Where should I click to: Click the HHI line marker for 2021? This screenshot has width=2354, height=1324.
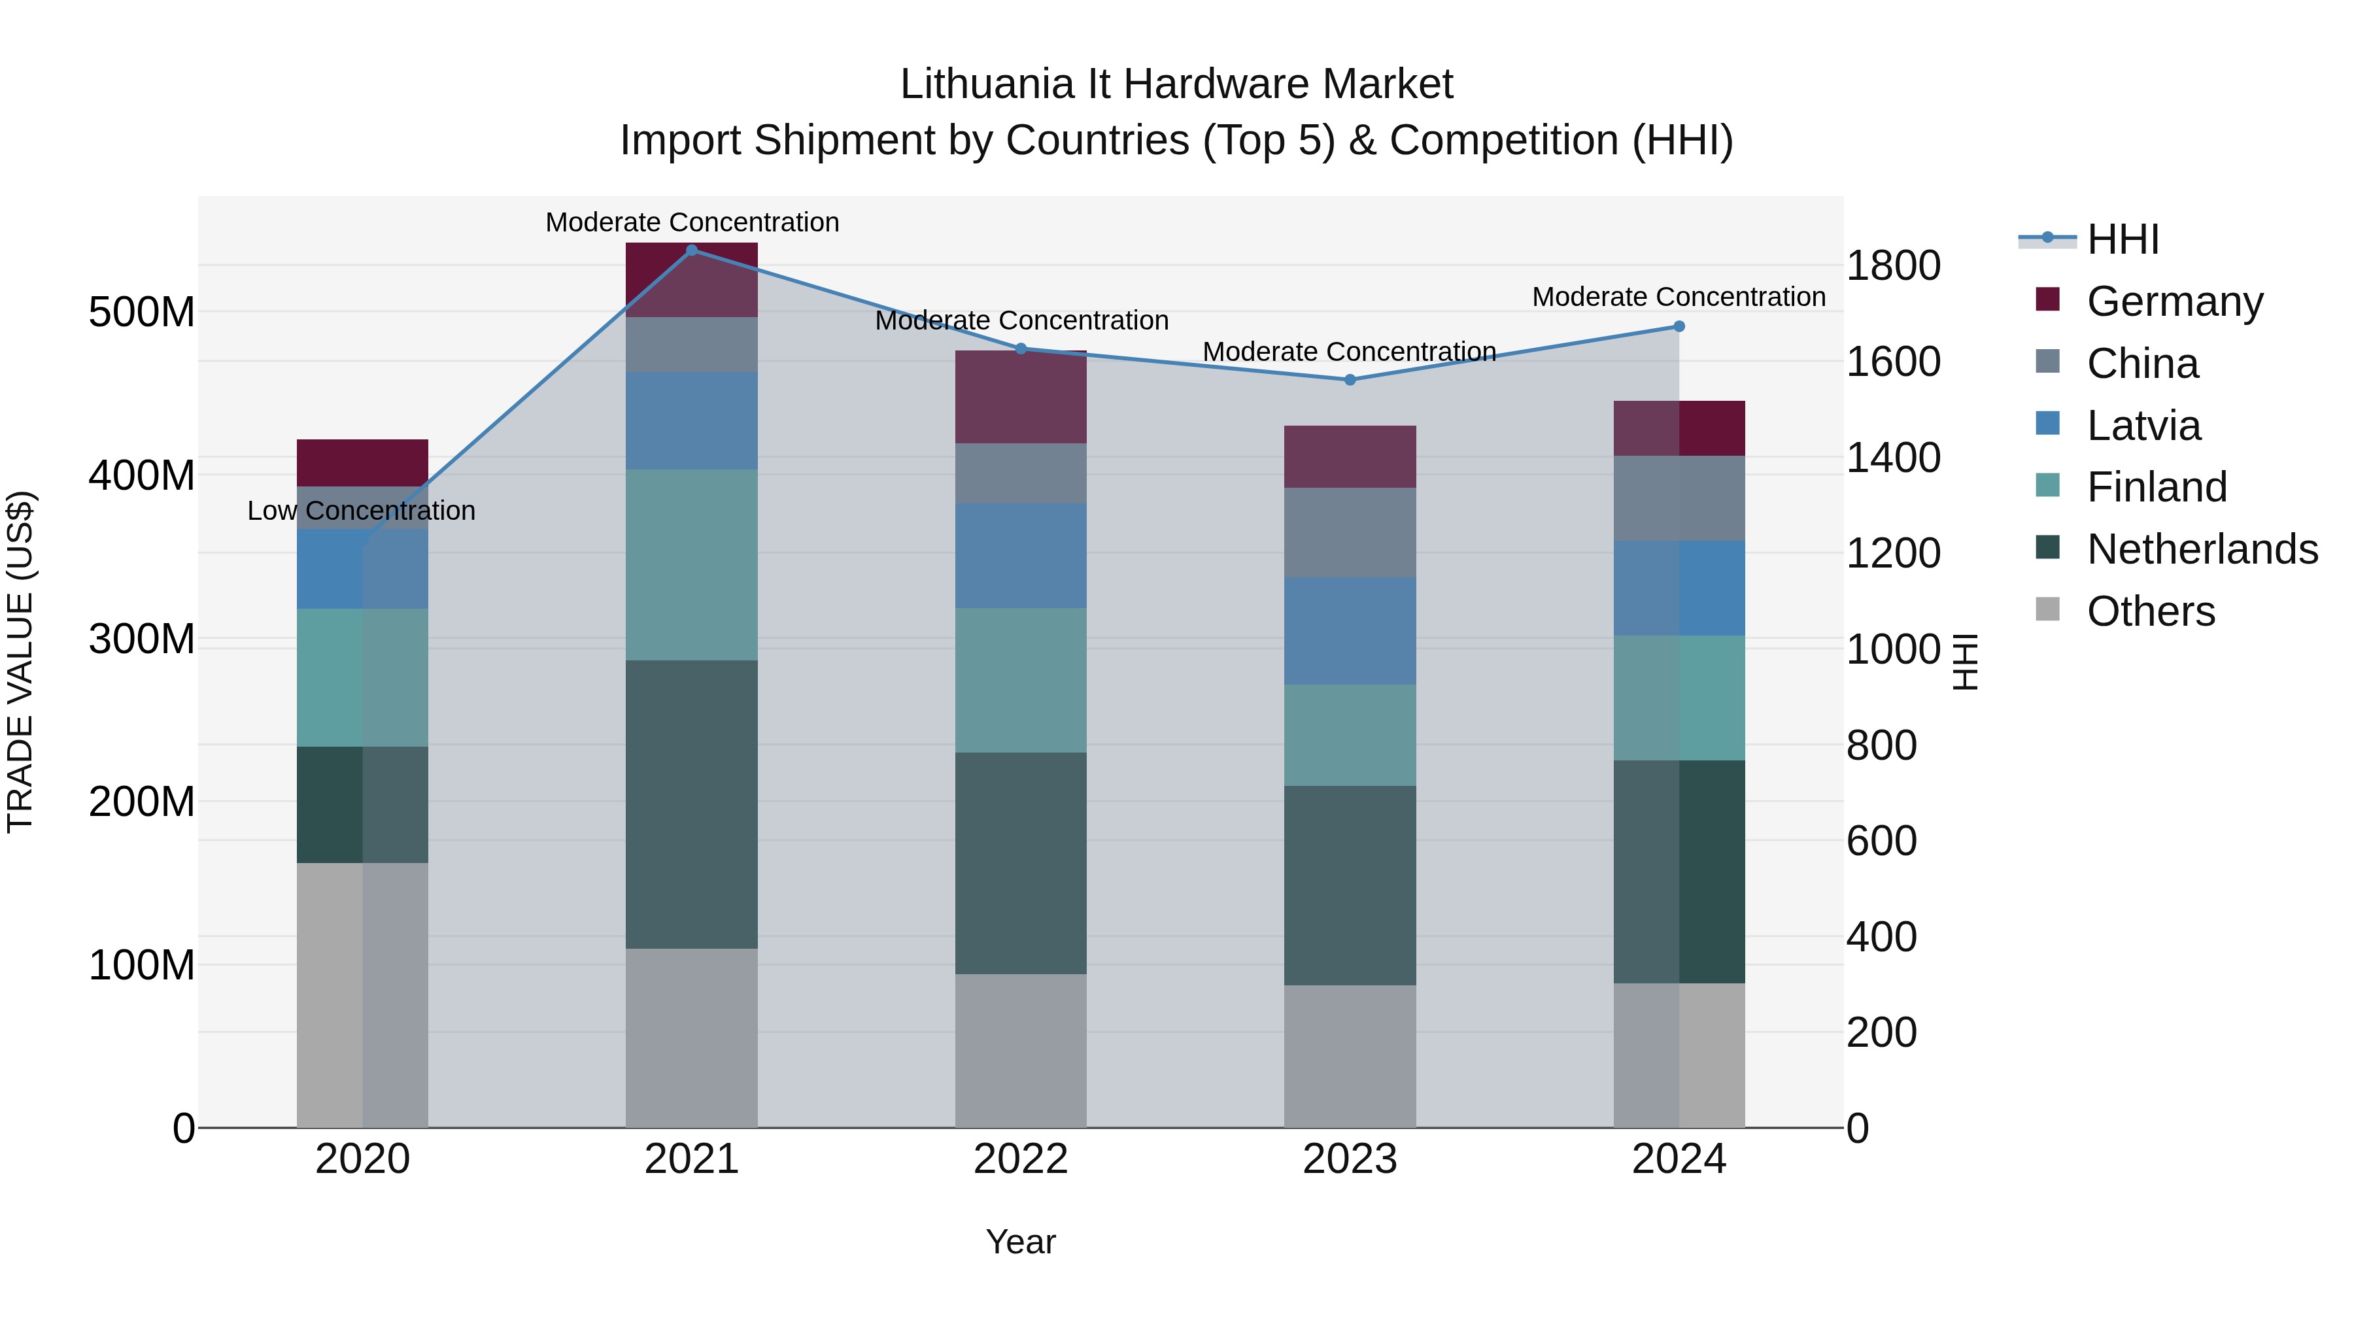pyautogui.click(x=692, y=250)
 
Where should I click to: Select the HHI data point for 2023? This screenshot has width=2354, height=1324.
pyautogui.click(x=1350, y=379)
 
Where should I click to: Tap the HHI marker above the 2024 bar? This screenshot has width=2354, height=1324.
pyautogui.click(x=1679, y=326)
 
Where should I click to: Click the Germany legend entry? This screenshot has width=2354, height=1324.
pyautogui.click(x=2174, y=301)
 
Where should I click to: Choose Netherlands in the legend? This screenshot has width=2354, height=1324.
pyautogui.click(x=2202, y=549)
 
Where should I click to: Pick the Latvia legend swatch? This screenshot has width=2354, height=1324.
pyautogui.click(x=2049, y=424)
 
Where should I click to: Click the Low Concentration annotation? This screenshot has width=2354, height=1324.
pyautogui.click(x=361, y=511)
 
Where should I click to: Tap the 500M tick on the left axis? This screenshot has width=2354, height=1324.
pyautogui.click(x=142, y=313)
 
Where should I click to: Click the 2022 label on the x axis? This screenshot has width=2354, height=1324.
pyautogui.click(x=1021, y=1159)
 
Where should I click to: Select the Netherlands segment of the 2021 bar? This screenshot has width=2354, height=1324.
pyautogui.click(x=692, y=804)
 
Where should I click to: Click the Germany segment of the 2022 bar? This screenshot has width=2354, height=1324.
pyautogui.click(x=1021, y=398)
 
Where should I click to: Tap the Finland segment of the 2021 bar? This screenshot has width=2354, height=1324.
pyautogui.click(x=692, y=565)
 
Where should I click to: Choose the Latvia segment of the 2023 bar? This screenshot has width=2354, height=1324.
pyautogui.click(x=1350, y=630)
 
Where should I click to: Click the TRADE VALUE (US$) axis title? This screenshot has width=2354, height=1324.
pyautogui.click(x=21, y=662)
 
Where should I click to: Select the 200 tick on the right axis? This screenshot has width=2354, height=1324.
pyautogui.click(x=1881, y=1032)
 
